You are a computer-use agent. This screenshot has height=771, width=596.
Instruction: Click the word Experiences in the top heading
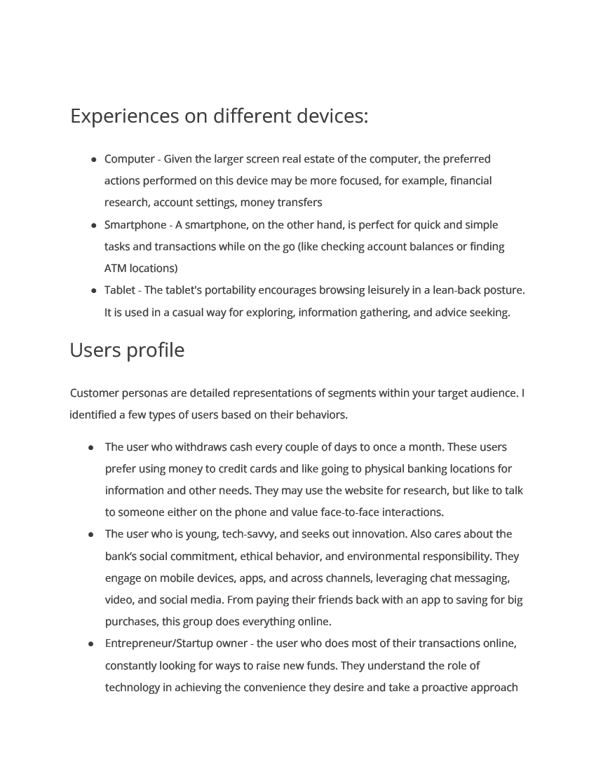tap(125, 116)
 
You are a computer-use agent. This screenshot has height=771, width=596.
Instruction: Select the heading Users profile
tap(127, 350)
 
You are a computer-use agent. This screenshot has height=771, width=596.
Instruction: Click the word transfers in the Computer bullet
tap(299, 203)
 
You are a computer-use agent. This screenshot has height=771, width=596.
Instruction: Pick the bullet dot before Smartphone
tap(94, 225)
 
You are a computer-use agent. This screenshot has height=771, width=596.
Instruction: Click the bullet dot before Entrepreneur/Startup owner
tap(91, 643)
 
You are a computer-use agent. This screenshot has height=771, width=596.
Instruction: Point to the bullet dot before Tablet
tap(94, 290)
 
